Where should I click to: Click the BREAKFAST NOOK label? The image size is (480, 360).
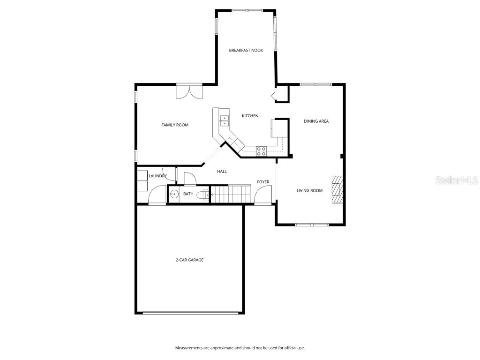click(x=246, y=50)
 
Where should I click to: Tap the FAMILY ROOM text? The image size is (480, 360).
click(x=175, y=125)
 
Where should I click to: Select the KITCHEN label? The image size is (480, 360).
click(x=250, y=116)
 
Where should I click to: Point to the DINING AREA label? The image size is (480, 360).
click(x=316, y=121)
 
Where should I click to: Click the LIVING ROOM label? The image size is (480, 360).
click(x=309, y=190)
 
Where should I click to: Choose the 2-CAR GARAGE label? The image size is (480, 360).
click(x=189, y=260)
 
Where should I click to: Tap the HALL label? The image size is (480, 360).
click(x=222, y=172)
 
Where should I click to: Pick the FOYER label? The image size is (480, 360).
click(x=263, y=182)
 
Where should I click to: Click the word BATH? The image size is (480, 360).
click(x=188, y=194)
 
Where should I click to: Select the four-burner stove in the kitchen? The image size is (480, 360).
click(x=261, y=150)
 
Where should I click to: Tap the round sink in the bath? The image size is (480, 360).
click(x=173, y=194)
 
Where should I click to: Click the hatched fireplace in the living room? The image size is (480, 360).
click(x=337, y=190)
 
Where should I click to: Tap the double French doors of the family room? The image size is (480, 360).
click(x=189, y=91)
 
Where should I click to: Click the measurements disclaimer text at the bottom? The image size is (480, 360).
click(x=240, y=348)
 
